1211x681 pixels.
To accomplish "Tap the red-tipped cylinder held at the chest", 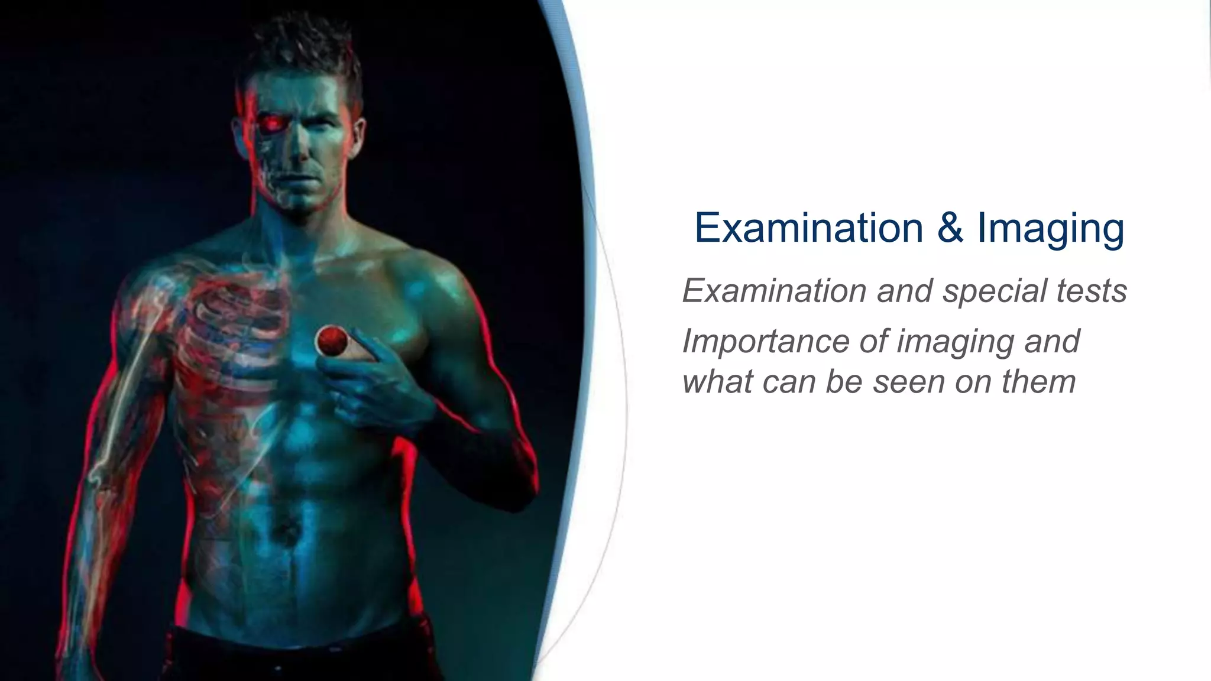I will point(330,340).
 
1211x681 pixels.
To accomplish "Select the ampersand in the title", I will point(950,228).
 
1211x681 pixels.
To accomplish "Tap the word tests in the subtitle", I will point(1092,291).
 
